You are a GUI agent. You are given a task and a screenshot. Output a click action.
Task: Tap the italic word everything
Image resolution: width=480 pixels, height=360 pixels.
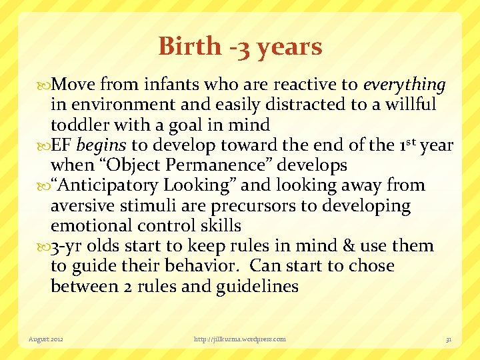(x=404, y=85)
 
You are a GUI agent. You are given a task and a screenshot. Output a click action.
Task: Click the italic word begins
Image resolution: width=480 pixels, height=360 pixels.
(x=102, y=145)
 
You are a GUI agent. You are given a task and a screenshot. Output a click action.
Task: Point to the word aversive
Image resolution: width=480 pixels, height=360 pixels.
(x=80, y=206)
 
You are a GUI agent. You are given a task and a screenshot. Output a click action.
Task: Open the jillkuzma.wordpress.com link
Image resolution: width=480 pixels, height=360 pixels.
(x=239, y=339)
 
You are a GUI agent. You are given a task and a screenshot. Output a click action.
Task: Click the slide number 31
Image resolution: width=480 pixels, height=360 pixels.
(x=449, y=339)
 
